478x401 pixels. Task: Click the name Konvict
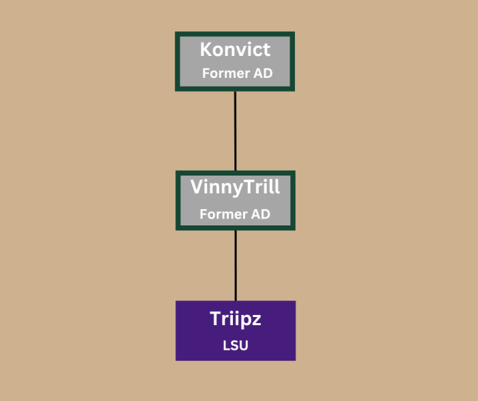(235, 49)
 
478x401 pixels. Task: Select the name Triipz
(236, 319)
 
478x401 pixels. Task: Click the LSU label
(236, 346)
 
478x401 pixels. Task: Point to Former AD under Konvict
(238, 73)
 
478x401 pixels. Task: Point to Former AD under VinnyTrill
(235, 214)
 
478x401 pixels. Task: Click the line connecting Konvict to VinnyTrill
(235, 131)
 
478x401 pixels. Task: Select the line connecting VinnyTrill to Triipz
(236, 266)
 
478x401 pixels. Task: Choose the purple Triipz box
(236, 331)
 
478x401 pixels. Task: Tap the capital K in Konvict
(206, 49)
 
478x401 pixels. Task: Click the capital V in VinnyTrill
(197, 186)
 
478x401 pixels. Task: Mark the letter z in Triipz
(256, 321)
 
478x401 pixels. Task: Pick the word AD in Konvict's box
(264, 73)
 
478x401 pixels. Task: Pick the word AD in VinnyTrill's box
(261, 214)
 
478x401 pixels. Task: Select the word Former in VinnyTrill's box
(224, 214)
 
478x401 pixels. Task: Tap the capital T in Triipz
(215, 318)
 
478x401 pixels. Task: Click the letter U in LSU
(244, 346)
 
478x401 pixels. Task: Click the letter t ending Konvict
(267, 50)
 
